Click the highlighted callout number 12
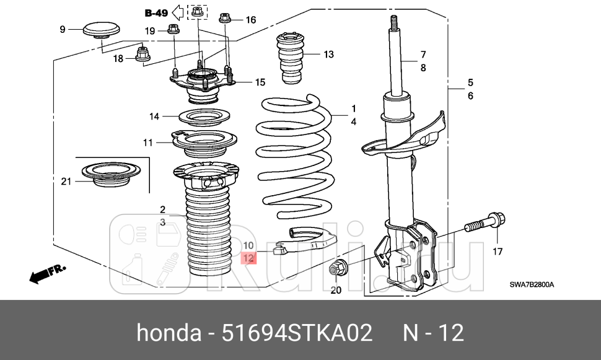pos(248,258)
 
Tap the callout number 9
pos(62,29)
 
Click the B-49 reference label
pos(157,12)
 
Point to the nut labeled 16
pos(225,19)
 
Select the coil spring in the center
pos(294,158)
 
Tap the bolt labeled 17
pos(483,223)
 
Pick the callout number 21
pos(66,181)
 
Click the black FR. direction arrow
pos(43,273)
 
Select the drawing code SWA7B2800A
pos(531,285)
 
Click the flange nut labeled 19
pos(173,31)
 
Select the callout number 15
pos(260,82)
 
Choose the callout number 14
pos(154,116)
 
